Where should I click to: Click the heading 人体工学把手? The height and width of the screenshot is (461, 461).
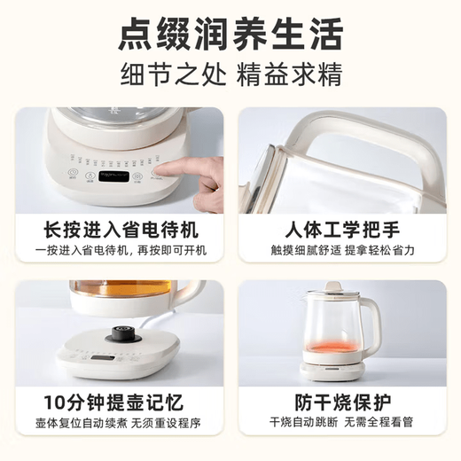point(342,229)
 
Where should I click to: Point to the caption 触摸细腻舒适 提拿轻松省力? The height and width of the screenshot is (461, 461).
point(342,251)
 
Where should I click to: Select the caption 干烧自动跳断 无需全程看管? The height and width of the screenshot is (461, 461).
point(342,423)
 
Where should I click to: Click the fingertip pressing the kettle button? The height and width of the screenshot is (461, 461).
point(165,176)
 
